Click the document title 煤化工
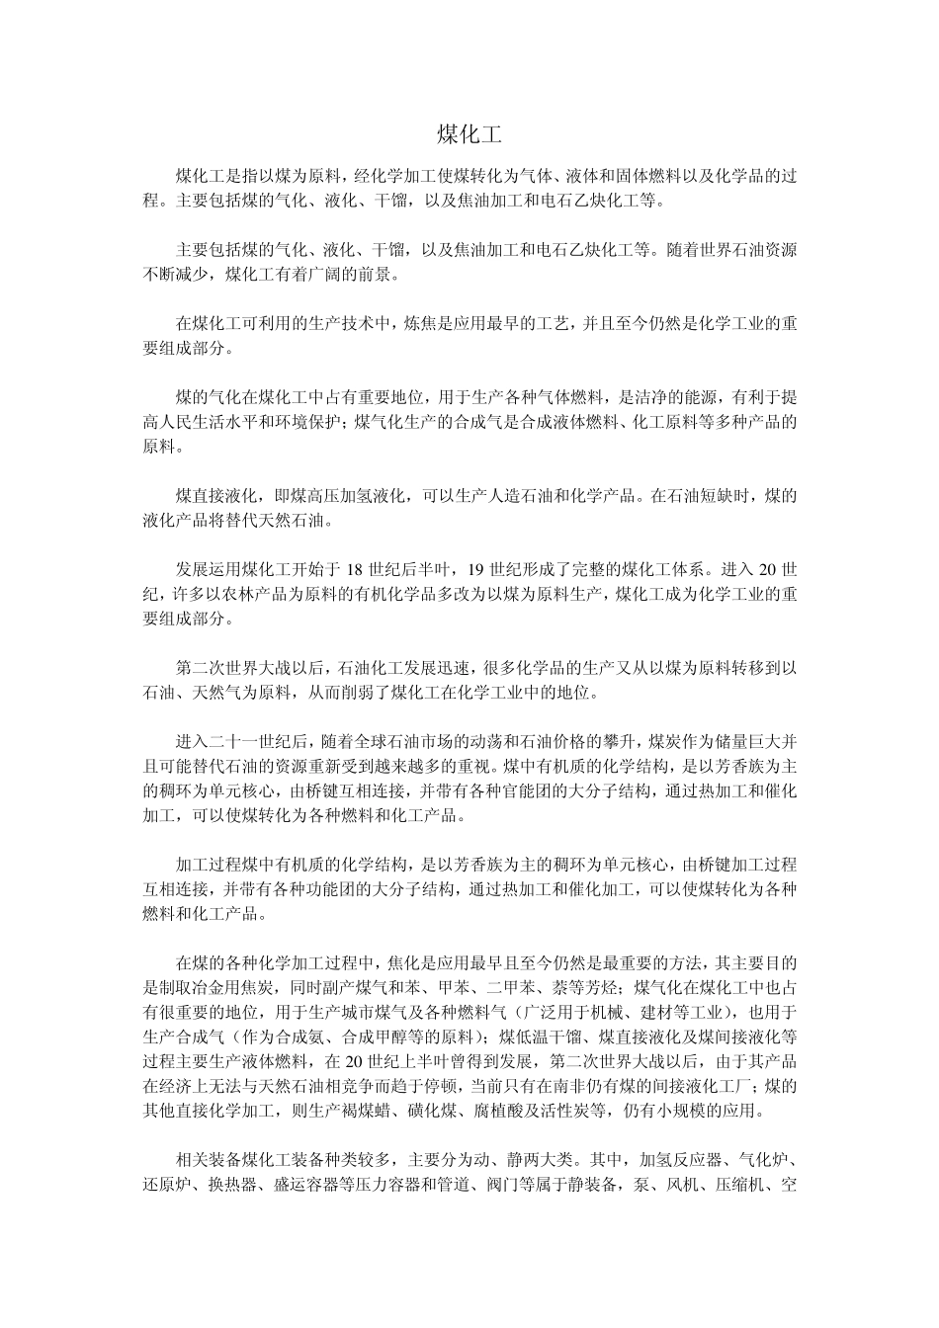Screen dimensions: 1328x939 coord(469,134)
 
